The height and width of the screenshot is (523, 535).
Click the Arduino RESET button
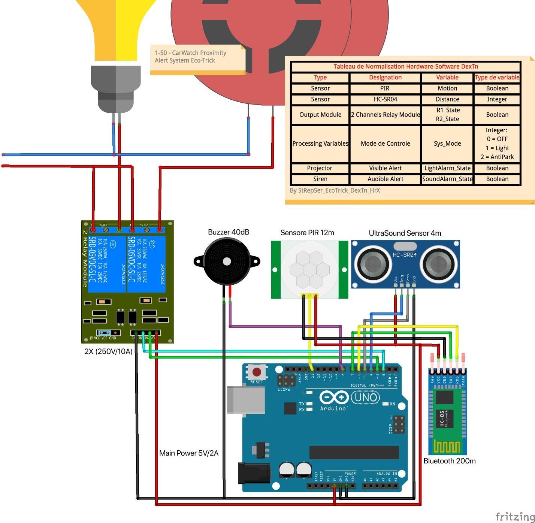click(x=257, y=372)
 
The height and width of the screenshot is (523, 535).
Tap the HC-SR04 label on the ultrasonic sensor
click(x=405, y=255)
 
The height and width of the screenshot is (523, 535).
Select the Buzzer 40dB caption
click(x=229, y=232)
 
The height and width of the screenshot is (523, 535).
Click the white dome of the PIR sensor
click(x=309, y=269)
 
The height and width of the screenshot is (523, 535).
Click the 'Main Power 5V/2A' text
click(x=189, y=453)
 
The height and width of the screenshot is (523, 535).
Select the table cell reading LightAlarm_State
click(x=447, y=168)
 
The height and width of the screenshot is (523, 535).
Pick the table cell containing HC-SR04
click(x=385, y=99)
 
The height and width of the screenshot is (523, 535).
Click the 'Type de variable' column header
click(x=497, y=78)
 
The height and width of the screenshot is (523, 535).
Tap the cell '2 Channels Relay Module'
click(x=385, y=115)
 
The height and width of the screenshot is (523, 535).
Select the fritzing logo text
click(x=515, y=517)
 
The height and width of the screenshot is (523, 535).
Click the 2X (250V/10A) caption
click(x=108, y=351)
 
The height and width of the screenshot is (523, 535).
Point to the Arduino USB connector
click(x=245, y=400)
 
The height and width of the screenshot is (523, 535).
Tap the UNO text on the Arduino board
click(x=365, y=397)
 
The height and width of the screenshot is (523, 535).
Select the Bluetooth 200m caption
click(x=450, y=461)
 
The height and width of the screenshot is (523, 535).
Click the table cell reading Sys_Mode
click(x=447, y=143)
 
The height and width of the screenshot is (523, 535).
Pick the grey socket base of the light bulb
click(x=116, y=88)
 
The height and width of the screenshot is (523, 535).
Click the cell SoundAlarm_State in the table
click(x=447, y=179)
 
